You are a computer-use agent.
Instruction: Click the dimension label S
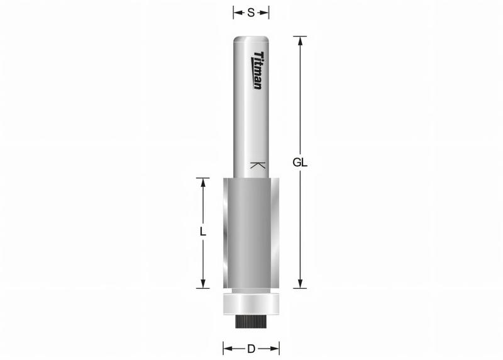[x=251, y=12]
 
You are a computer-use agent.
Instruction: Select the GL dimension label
[x=300, y=162]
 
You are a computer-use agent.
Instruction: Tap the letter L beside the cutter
[x=202, y=232]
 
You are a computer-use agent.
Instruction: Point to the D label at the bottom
[x=250, y=348]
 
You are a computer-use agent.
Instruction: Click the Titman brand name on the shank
[x=257, y=70]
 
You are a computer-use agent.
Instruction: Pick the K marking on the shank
[x=257, y=166]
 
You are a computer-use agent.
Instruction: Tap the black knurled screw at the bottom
[x=251, y=322]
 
